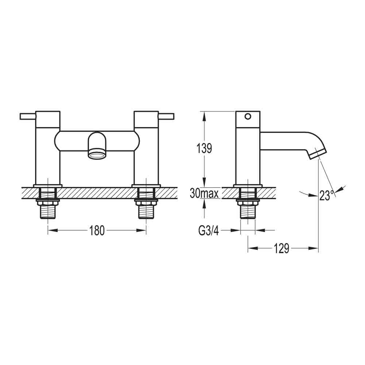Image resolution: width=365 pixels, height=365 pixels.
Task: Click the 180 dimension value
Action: click(x=97, y=230)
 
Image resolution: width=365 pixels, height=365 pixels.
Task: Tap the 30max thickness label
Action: click(x=204, y=193)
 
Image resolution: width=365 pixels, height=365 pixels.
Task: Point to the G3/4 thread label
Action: click(x=208, y=230)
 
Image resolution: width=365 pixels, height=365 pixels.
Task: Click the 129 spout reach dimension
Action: click(x=281, y=249)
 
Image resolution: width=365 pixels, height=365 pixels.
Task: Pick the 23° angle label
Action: click(x=327, y=195)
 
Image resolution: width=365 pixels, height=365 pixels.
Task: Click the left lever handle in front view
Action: click(x=28, y=116)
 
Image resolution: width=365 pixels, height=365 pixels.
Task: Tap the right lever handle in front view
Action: click(x=166, y=116)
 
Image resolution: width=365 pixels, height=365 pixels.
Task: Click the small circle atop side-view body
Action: click(x=248, y=117)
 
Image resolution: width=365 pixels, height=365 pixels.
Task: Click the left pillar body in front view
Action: click(x=47, y=153)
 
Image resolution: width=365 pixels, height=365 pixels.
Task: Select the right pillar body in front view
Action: click(x=147, y=153)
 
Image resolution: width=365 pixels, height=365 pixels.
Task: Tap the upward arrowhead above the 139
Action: click(x=204, y=114)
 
